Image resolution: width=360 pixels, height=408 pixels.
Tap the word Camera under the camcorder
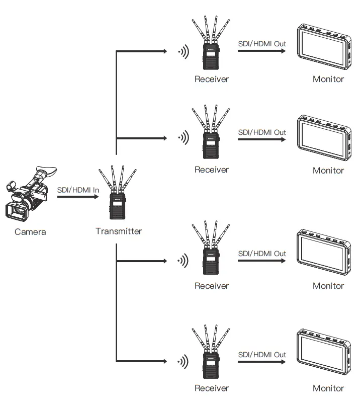pyautogui.click(x=30, y=232)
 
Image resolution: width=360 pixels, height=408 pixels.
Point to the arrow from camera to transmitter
pyautogui.click(x=78, y=197)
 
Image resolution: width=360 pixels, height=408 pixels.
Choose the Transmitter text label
pyautogui.click(x=119, y=231)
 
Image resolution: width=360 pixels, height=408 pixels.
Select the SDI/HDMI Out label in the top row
pyautogui.click(x=262, y=44)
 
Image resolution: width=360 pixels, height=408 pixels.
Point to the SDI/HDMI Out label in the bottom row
pyautogui.click(x=262, y=354)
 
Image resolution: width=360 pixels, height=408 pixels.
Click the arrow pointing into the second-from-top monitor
pyautogui.click(x=262, y=139)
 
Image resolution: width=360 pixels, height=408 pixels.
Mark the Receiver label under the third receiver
pyautogui.click(x=212, y=286)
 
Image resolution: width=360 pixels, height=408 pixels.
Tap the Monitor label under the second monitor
pyautogui.click(x=328, y=170)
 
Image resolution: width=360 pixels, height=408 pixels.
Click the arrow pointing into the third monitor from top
pyautogui.click(x=262, y=261)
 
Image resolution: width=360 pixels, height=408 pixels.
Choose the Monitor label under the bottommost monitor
pyautogui.click(x=328, y=388)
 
